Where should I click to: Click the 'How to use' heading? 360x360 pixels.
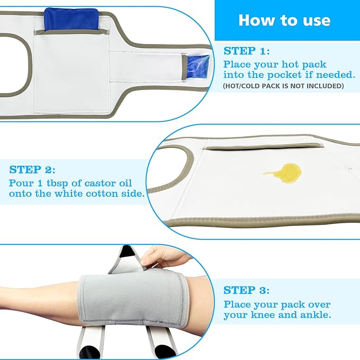[285, 20]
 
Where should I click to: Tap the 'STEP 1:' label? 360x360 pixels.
[247, 51]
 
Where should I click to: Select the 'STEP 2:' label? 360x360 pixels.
[32, 170]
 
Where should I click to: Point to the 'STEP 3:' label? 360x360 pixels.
[247, 290]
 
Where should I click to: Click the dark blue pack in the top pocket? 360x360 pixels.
[71, 19]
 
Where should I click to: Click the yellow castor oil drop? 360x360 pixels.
[285, 173]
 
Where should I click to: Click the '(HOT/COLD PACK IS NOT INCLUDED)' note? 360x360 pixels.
[283, 86]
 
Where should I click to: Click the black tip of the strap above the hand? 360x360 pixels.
[126, 251]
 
